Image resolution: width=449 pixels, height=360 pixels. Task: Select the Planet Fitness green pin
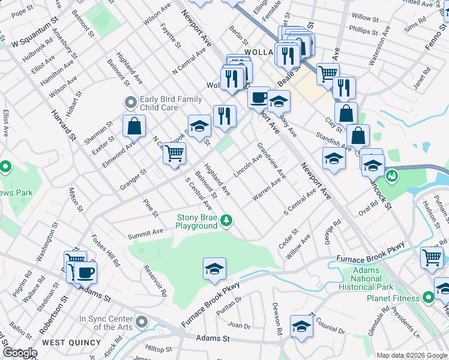click(x=428, y=297)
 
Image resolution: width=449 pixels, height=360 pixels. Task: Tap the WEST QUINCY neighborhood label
click(x=72, y=343)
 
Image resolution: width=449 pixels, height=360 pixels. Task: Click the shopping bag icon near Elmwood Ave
click(x=134, y=127)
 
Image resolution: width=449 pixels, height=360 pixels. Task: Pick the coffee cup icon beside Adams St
click(x=85, y=272)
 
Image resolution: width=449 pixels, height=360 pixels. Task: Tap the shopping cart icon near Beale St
click(x=328, y=74)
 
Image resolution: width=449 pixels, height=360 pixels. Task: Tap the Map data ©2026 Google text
click(x=411, y=355)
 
